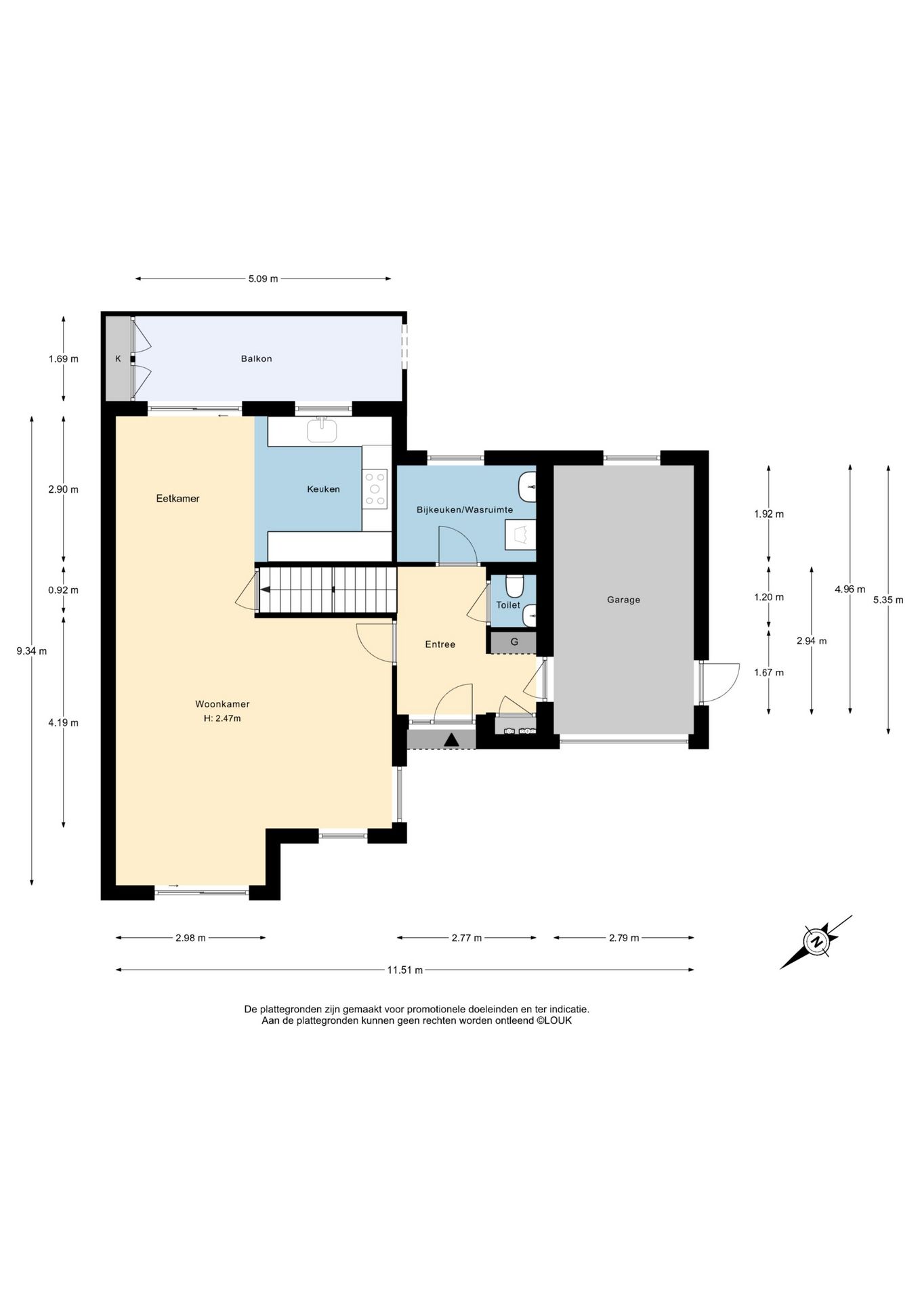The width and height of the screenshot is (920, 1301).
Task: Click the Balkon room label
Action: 256,358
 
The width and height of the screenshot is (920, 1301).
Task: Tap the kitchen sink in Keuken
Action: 322,430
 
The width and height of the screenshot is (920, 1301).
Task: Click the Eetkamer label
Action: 177,499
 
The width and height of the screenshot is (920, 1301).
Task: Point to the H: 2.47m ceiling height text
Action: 222,718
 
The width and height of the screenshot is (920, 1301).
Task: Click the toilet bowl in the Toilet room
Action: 515,585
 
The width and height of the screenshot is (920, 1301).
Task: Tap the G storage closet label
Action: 514,642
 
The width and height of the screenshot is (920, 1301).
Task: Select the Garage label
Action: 623,600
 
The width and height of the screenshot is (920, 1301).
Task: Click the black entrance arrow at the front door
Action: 451,741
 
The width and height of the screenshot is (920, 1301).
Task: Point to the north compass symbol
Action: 817,941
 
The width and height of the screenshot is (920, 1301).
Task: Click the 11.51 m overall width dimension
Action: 404,970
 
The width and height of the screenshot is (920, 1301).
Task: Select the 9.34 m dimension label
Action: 32,651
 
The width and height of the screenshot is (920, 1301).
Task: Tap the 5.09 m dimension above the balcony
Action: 263,278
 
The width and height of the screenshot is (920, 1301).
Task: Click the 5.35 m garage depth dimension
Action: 888,600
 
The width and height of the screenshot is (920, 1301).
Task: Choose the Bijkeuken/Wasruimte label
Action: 465,510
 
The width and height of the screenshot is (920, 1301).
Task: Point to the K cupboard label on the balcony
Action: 118,358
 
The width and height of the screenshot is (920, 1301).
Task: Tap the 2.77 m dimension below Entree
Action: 467,938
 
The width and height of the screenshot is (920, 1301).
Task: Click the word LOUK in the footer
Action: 558,1020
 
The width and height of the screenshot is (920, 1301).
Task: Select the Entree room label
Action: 440,644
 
